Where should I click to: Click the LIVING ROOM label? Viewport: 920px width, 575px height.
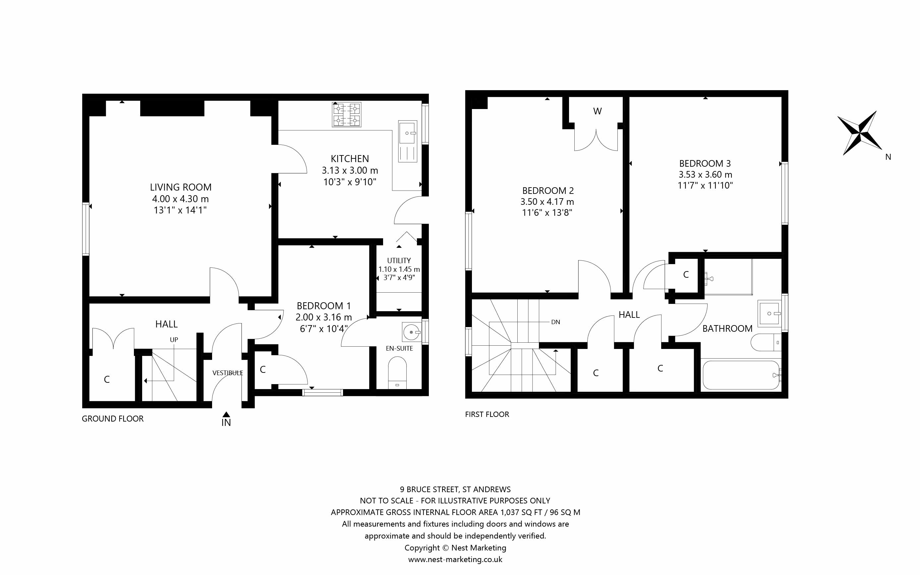181,187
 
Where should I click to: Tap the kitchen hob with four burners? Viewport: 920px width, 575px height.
346,114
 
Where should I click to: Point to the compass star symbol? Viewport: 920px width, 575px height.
859,133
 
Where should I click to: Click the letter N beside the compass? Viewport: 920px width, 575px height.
888,157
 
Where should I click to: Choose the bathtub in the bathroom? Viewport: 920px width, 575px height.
741,375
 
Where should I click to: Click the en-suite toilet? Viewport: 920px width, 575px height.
397,372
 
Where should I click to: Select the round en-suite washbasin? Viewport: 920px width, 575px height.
412,332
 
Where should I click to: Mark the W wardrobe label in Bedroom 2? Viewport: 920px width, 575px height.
597,111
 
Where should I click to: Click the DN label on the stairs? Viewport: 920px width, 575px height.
555,322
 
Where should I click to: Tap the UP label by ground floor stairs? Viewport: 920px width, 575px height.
174,340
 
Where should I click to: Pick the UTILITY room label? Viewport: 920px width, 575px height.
399,260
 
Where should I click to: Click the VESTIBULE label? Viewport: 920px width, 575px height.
227,373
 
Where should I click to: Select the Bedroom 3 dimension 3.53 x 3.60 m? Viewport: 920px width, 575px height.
705,175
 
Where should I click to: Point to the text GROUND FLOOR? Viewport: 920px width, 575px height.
113,419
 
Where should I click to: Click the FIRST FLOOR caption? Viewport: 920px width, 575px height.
487,414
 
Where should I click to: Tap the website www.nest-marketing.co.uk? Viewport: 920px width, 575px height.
455,559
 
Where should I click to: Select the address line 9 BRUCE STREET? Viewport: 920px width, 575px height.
455,489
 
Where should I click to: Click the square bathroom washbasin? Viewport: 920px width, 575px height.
770,314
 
